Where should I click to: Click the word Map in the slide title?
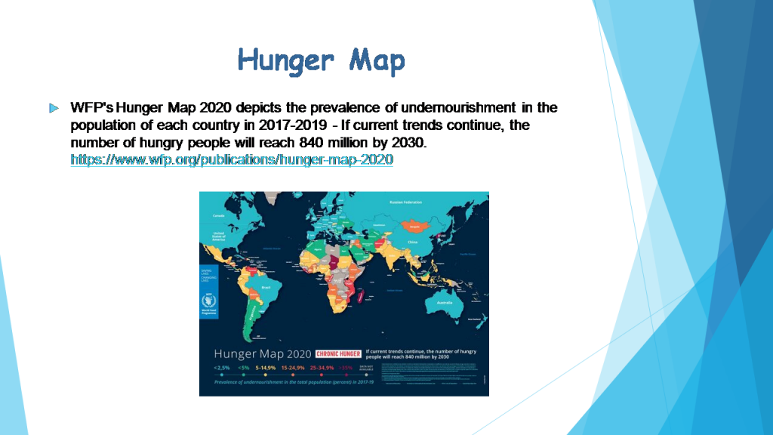tap(377, 60)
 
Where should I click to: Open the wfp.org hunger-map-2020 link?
tap(232, 160)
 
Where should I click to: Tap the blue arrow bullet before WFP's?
tap(53, 108)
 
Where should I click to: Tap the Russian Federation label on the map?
tap(406, 202)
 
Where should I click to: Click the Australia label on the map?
tap(440, 302)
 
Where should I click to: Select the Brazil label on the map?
tap(266, 288)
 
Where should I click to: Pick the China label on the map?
tap(412, 242)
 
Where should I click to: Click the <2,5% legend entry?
tap(222, 368)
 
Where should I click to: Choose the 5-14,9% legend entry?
tap(266, 368)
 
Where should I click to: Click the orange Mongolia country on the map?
tap(412, 225)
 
